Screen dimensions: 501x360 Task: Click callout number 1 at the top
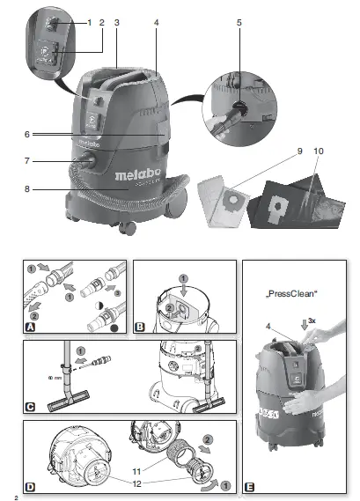(89, 20)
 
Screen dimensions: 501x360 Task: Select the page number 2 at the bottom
(5, 496)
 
